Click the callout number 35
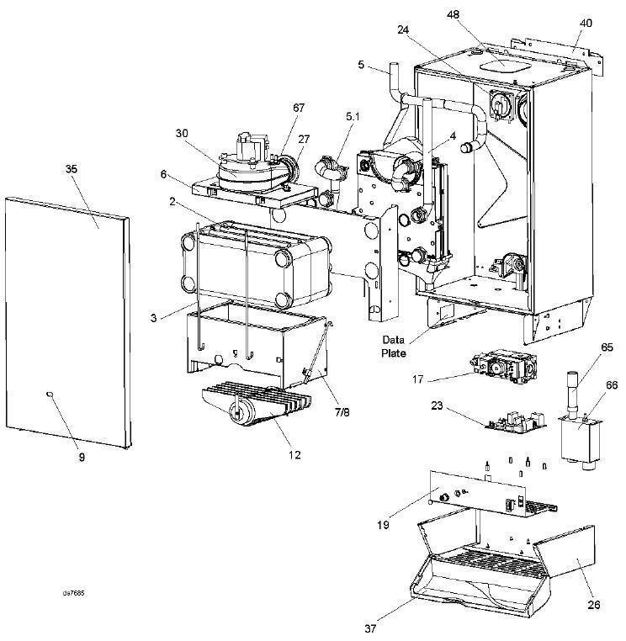[x=71, y=169]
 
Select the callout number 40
[x=586, y=23]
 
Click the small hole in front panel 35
[x=52, y=395]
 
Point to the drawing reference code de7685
[x=74, y=593]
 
